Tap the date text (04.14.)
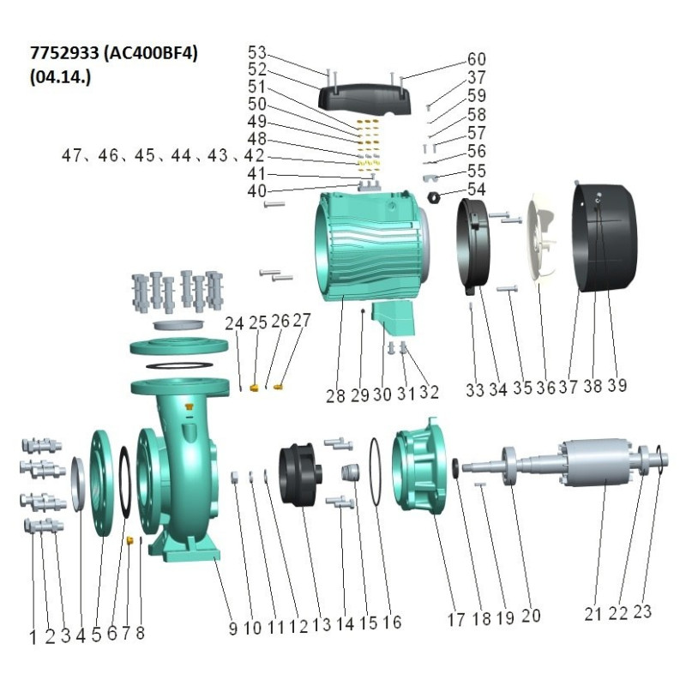coord(60,77)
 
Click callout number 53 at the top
coord(256,53)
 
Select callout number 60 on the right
coord(477,59)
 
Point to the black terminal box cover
coord(364,99)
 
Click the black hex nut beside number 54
coord(435,198)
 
